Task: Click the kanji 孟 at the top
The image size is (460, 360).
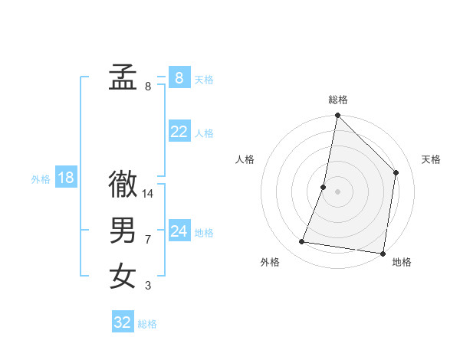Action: point(123,78)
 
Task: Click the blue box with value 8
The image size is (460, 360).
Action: point(179,77)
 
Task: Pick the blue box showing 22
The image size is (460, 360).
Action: point(179,132)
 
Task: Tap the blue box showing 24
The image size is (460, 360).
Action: point(179,231)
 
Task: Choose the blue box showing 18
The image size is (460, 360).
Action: point(65,178)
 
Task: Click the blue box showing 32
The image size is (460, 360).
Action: point(122,322)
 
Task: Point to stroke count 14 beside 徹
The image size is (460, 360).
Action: point(149,194)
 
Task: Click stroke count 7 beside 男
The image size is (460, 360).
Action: point(148,240)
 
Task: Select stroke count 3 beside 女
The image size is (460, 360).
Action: point(148,286)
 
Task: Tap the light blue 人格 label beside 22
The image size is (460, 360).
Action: point(204,133)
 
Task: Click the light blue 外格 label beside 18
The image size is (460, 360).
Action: point(41,179)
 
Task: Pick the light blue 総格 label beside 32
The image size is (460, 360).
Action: point(147,324)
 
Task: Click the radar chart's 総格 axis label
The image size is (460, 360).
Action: point(338,100)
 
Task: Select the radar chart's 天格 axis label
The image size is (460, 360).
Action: point(431,159)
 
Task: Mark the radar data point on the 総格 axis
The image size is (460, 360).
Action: point(337,116)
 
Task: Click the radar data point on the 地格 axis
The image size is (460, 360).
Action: point(382,252)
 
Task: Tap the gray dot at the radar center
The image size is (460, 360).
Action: point(337,191)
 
